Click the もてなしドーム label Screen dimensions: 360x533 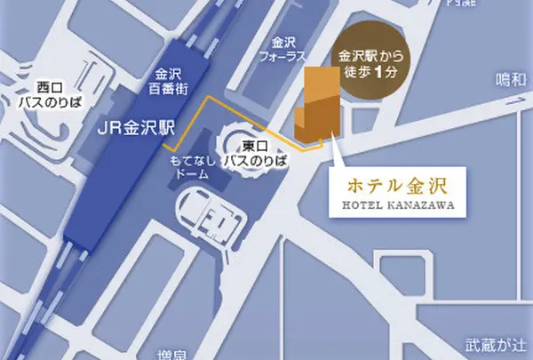pyautogui.click(x=191, y=165)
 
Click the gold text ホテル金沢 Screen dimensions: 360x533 pyautogui.click(x=392, y=188)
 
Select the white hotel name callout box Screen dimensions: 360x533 pyautogui.click(x=392, y=194)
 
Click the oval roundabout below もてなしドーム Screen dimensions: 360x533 pyautogui.click(x=210, y=214)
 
